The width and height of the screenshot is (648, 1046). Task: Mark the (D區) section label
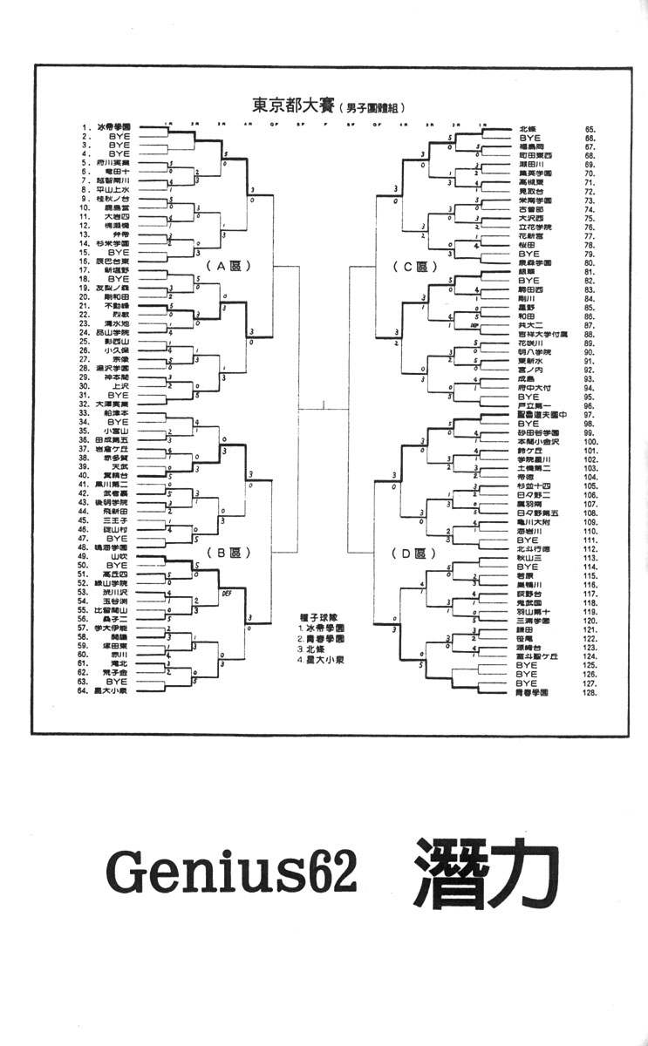pos(413,553)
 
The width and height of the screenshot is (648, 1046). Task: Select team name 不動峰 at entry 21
pos(117,307)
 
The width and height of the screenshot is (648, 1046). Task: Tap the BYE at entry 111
pos(529,540)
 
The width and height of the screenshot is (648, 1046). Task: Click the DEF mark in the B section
pos(227,590)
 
